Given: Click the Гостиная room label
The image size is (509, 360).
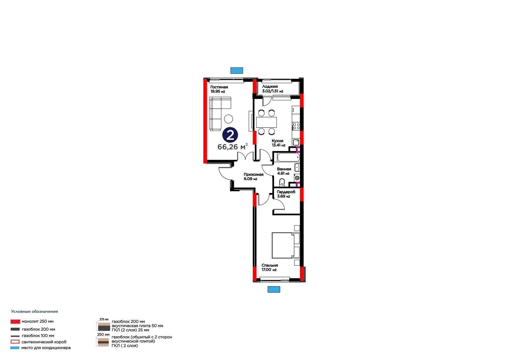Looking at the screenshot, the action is coord(219,89).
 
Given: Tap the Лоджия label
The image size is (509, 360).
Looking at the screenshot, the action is coord(273,89).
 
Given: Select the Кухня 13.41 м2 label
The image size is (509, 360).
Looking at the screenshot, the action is coord(278,143).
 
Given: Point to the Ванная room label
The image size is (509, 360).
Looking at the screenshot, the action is coord(284,171).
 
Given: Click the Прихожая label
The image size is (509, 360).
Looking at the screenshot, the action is coord(254,176).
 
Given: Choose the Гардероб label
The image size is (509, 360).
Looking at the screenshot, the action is coord(286,194).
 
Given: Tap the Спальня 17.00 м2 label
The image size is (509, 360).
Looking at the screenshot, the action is coord(270,267).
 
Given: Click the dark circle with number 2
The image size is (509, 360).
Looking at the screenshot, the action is coord(230,135).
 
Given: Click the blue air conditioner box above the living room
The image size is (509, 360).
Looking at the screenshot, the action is coord(237,70).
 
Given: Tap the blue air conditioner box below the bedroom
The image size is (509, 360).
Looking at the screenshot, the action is coord(274,289).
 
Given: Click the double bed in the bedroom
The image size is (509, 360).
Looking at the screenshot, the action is coord(286,245).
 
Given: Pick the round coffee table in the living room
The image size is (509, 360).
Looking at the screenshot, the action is coord(228,119).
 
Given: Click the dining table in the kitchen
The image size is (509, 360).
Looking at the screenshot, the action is coord(266,122).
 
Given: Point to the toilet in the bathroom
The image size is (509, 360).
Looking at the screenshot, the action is coord(282,182).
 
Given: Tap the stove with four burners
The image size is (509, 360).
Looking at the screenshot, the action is coord(296,126).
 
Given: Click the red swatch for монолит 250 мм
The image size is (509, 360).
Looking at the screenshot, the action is coord(15,321).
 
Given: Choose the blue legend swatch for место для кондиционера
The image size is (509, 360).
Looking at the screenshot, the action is coord(15,348).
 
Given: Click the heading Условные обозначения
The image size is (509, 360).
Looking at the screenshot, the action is coord(35,312).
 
